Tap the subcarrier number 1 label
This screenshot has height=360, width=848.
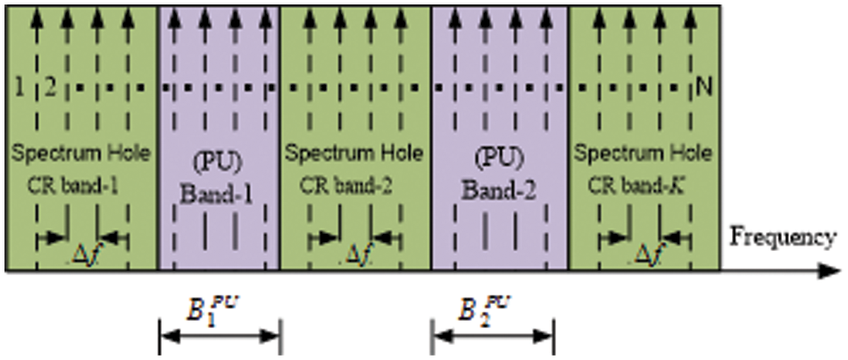pos(18,88)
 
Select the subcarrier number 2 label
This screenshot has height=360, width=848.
pos(50,88)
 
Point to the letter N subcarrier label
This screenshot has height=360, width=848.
pos(705,88)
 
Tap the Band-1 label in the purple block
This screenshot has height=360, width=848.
pos(219,189)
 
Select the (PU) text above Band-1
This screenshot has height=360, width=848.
pos(219,163)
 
